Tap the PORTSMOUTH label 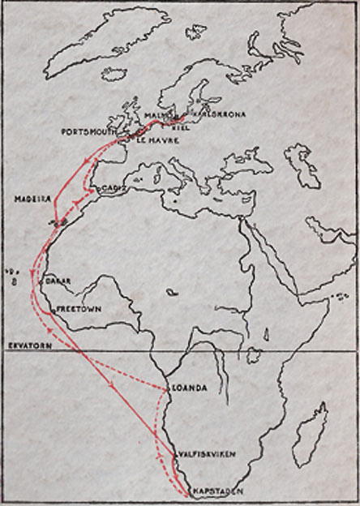point(84,131)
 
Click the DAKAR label point(59,281)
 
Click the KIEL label point(182,127)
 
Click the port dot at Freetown point(53,308)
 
